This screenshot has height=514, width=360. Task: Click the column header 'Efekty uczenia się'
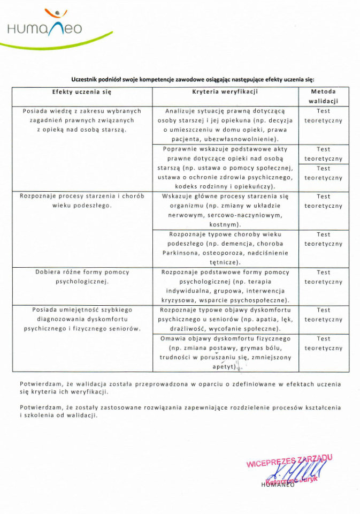82,92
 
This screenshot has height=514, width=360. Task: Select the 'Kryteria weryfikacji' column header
225,92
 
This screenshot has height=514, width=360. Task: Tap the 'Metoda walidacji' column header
323,96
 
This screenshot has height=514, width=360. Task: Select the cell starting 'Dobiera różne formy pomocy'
82,276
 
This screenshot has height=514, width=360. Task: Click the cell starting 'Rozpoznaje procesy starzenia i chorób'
82,201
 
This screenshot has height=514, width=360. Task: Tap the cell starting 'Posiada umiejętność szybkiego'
82,319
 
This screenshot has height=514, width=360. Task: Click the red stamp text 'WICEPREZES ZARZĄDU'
289,461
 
